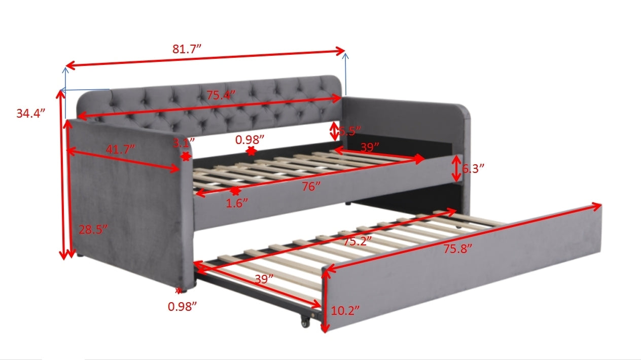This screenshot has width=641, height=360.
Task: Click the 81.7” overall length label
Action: pyautogui.click(x=187, y=49)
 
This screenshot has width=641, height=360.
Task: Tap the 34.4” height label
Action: pyautogui.click(x=31, y=113)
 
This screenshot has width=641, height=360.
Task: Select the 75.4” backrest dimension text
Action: pyautogui.click(x=221, y=95)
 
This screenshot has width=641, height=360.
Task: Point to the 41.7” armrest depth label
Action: pyautogui.click(x=120, y=149)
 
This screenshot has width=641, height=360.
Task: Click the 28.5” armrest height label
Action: pyautogui.click(x=93, y=230)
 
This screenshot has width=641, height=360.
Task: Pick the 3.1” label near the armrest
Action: pyautogui.click(x=184, y=142)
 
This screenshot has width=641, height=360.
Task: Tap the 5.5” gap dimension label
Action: pyautogui.click(x=349, y=131)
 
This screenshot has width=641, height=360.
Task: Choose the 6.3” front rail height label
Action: pyautogui.click(x=473, y=168)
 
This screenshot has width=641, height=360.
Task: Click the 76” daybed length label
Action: pyautogui.click(x=311, y=187)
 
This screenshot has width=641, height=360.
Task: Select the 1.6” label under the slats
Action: pyautogui.click(x=237, y=203)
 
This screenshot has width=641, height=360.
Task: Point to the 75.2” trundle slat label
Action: pyautogui.click(x=357, y=241)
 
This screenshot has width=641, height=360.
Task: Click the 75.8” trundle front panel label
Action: pyautogui.click(x=457, y=248)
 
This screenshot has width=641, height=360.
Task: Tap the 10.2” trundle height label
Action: pyautogui.click(x=345, y=310)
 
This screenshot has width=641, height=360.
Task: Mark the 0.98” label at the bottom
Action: pyautogui.click(x=182, y=306)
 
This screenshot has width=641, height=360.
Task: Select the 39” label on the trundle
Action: pyautogui.click(x=264, y=279)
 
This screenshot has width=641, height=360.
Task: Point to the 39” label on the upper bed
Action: pyautogui.click(x=370, y=147)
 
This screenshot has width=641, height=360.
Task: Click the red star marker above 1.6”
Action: pyautogui.click(x=235, y=191)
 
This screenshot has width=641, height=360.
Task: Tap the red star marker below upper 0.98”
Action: pyautogui.click(x=251, y=151)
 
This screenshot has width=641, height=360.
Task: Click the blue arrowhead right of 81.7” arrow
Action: pyautogui.click(x=345, y=55)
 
